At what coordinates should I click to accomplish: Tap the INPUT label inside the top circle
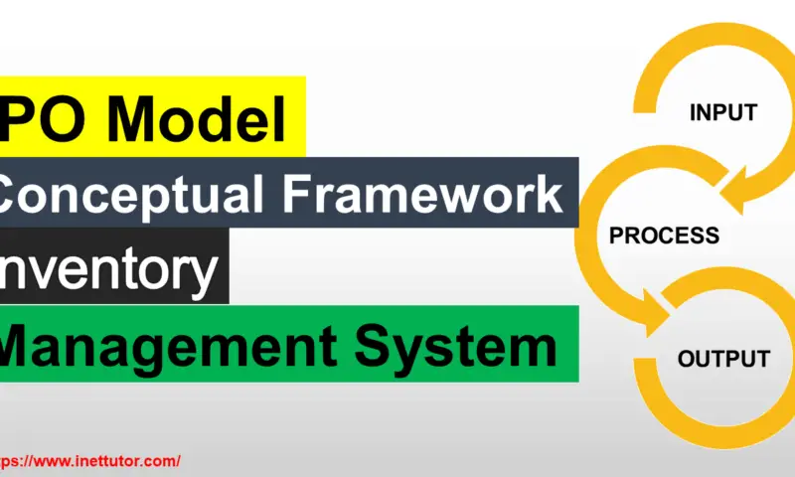tap(722, 113)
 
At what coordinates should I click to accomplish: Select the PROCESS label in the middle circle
tap(664, 237)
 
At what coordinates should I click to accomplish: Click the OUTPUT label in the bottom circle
tap(723, 359)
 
